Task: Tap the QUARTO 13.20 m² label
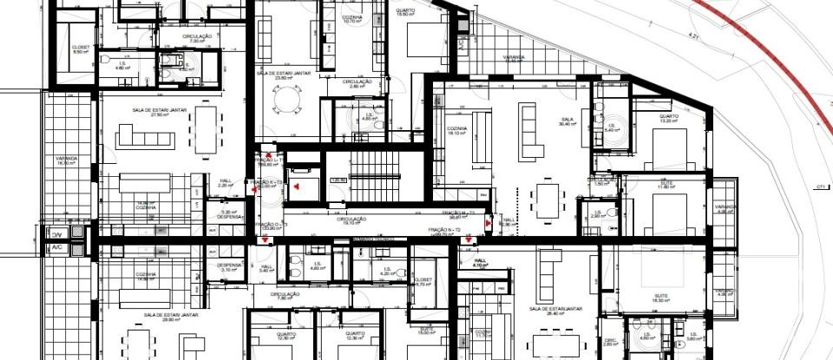[668, 119]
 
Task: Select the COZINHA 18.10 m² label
[458, 132]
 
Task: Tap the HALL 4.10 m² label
[479, 263]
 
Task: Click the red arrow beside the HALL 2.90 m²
[488, 223]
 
